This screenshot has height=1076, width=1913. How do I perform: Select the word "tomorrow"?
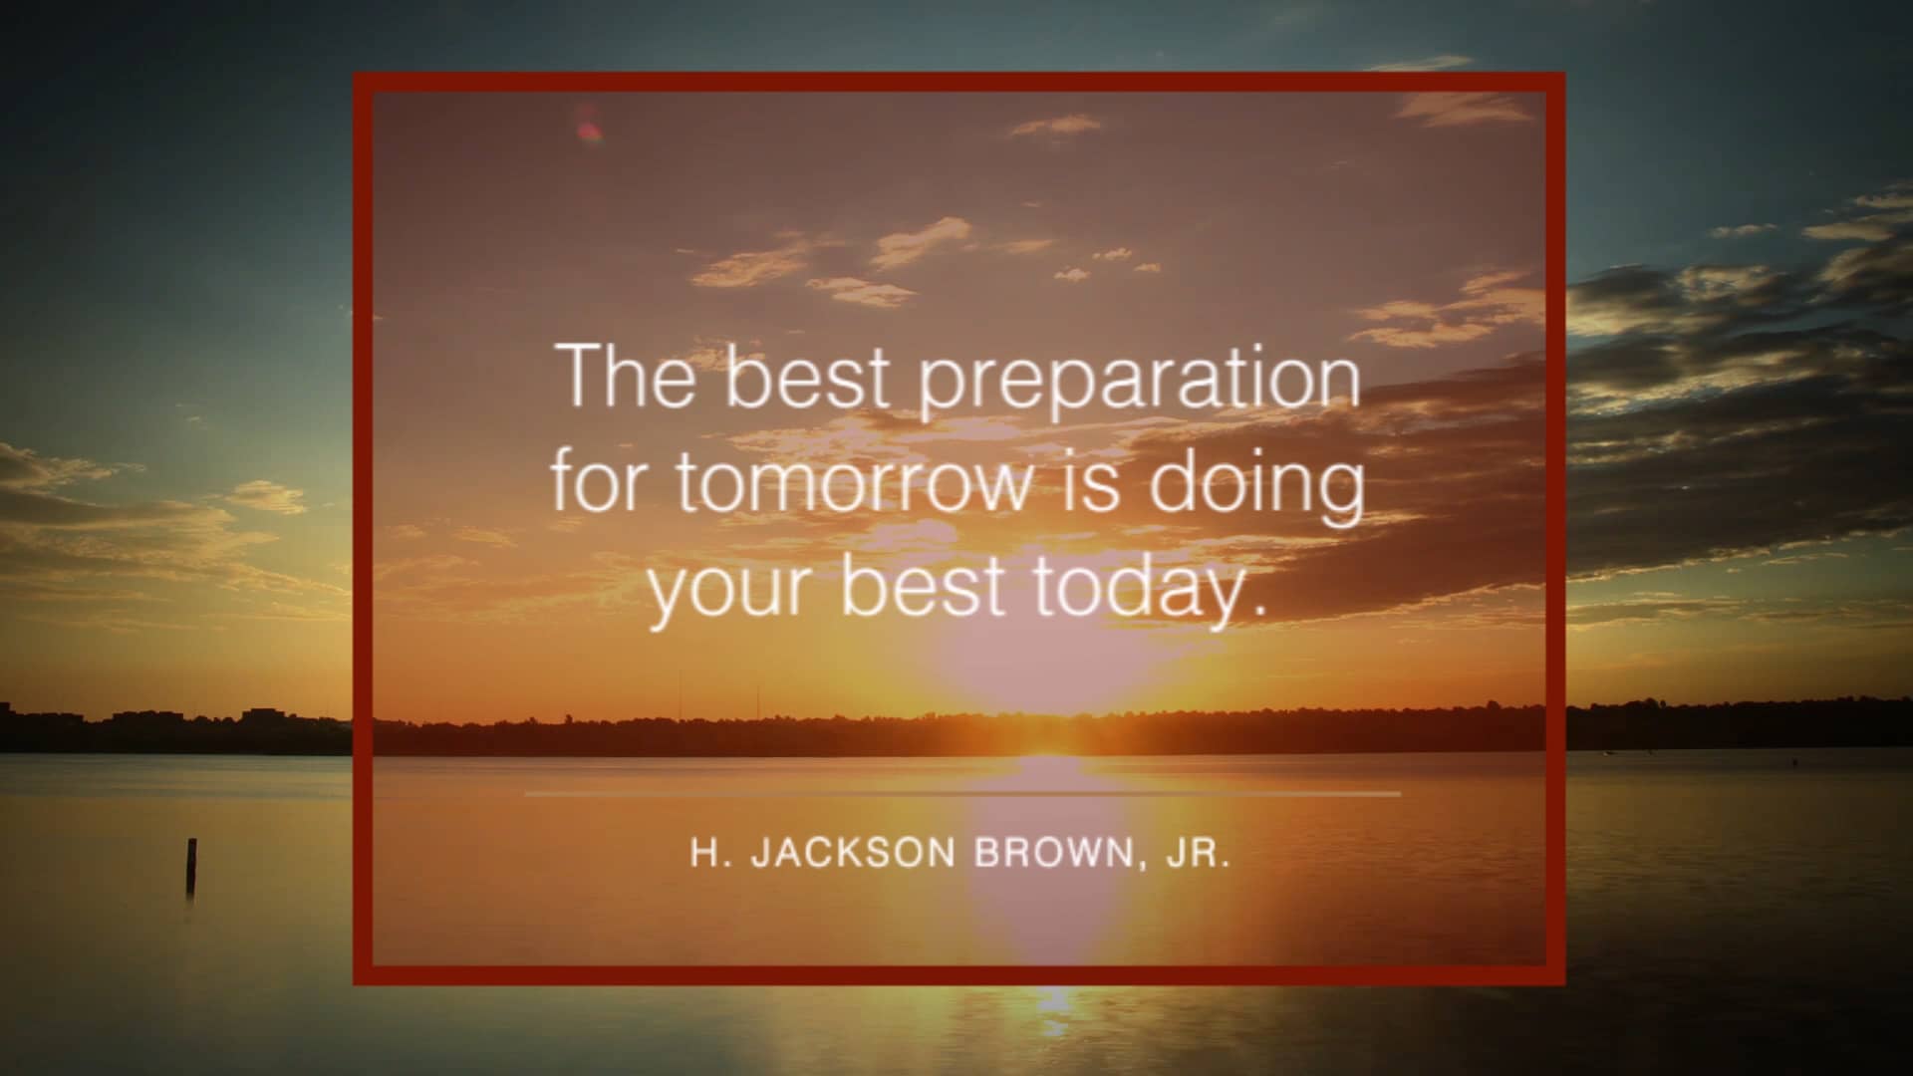[x=855, y=482]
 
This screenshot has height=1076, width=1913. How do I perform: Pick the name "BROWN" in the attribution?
[x=1053, y=854]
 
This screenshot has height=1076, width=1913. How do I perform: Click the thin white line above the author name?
[x=961, y=794]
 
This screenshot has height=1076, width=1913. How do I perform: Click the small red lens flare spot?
[x=588, y=129]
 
